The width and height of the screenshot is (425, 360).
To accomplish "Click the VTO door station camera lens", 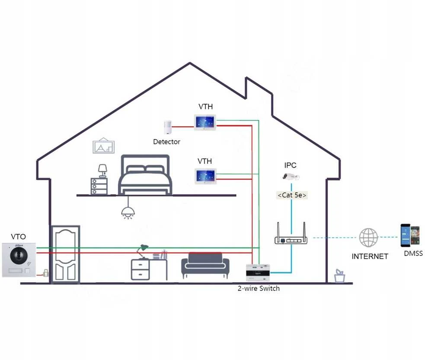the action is pyautogui.click(x=19, y=255).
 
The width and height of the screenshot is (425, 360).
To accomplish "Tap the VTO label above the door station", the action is pyautogui.click(x=19, y=237).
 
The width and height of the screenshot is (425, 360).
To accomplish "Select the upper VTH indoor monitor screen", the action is pyautogui.click(x=205, y=122).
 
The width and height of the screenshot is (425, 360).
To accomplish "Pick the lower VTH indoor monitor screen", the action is pyautogui.click(x=205, y=176).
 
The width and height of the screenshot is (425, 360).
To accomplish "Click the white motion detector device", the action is pyautogui.click(x=168, y=127).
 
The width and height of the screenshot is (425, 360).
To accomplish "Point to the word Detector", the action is pyautogui.click(x=166, y=142).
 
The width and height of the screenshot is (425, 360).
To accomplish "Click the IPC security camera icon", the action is pyautogui.click(x=291, y=177).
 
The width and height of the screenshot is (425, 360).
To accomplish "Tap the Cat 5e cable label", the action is pyautogui.click(x=292, y=195).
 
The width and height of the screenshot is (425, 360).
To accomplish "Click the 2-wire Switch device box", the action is pyautogui.click(x=258, y=273).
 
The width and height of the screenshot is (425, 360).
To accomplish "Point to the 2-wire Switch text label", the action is pyautogui.click(x=259, y=289).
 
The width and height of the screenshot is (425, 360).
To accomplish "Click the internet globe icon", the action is pyautogui.click(x=369, y=238).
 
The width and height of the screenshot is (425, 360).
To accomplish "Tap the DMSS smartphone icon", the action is pyautogui.click(x=410, y=236).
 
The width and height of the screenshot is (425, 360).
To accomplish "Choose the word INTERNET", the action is pyautogui.click(x=370, y=256).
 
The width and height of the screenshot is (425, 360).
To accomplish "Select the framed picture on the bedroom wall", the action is pyautogui.click(x=103, y=146).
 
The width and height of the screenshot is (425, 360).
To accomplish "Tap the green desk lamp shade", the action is pyautogui.click(x=144, y=247).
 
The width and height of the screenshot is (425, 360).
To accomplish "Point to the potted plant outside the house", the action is pyautogui.click(x=340, y=276).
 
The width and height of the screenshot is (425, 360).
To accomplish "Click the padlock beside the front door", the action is pyautogui.click(x=46, y=273).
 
